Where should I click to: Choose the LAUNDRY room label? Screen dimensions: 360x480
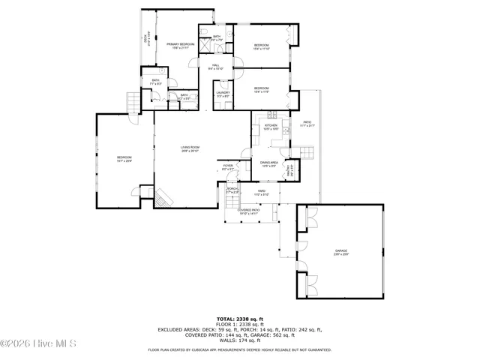(x=223, y=94)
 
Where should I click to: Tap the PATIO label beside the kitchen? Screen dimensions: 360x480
(x=307, y=124)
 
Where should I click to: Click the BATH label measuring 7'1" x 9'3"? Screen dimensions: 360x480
(x=156, y=82)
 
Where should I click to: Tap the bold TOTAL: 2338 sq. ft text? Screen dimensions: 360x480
(x=240, y=319)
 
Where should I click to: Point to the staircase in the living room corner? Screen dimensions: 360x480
(x=163, y=197)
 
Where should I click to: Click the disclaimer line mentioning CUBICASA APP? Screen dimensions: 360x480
(x=240, y=349)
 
